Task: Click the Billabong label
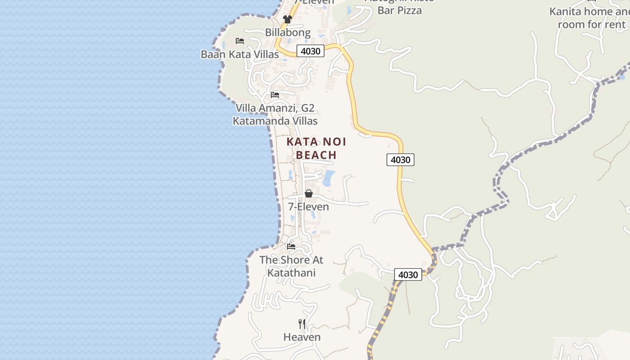pyautogui.click(x=288, y=32)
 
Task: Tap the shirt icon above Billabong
pyautogui.click(x=288, y=19)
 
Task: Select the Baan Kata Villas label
pyautogui.click(x=239, y=54)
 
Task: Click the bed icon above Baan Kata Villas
pyautogui.click(x=240, y=41)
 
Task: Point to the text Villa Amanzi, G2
pyautogui.click(x=275, y=108)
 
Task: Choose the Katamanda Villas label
pyautogui.click(x=275, y=121)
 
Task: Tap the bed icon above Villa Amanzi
pyautogui.click(x=275, y=95)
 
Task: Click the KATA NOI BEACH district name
pyautogui.click(x=316, y=148)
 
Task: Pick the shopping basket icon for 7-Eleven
pyautogui.click(x=309, y=193)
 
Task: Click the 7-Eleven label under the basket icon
pyautogui.click(x=309, y=207)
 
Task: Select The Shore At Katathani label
pyautogui.click(x=291, y=266)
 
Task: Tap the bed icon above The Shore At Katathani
pyautogui.click(x=291, y=247)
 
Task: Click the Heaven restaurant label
pyautogui.click(x=302, y=337)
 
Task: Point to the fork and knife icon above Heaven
pyautogui.click(x=302, y=324)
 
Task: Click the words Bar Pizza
pyautogui.click(x=400, y=10)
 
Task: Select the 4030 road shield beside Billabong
pyautogui.click(x=310, y=51)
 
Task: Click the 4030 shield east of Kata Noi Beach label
pyautogui.click(x=400, y=159)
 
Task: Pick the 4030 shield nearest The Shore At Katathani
pyautogui.click(x=408, y=274)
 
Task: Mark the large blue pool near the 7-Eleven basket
pyautogui.click(x=329, y=178)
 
